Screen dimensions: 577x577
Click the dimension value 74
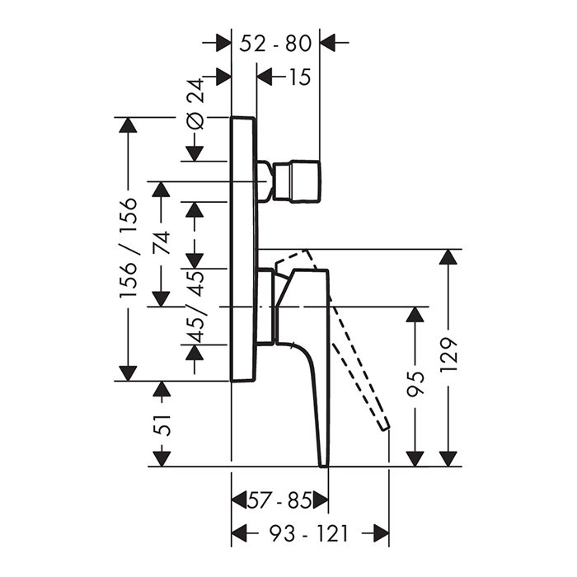tap(162, 242)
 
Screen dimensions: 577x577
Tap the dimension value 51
tap(162, 424)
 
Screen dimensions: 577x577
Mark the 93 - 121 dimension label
tap(309, 534)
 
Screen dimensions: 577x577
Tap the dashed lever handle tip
tap(383, 424)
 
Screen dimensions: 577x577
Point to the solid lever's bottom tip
tap(323, 462)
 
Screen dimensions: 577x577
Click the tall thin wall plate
tap(244, 247)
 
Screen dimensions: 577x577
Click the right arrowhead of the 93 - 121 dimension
tap(380, 534)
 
